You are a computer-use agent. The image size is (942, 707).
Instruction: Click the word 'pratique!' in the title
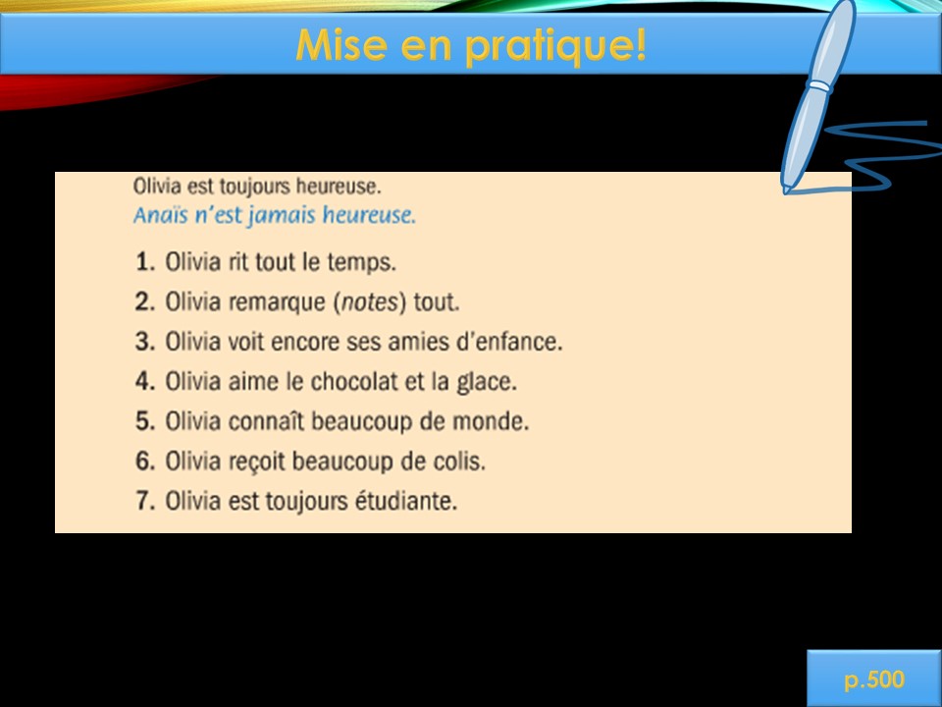[x=556, y=46]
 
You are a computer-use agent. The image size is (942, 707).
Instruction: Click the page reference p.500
[x=874, y=680]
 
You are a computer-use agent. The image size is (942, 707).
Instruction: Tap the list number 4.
[x=145, y=381]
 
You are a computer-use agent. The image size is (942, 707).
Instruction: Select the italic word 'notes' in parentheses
[x=370, y=301]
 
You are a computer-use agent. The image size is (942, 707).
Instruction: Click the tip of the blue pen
[x=786, y=191]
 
